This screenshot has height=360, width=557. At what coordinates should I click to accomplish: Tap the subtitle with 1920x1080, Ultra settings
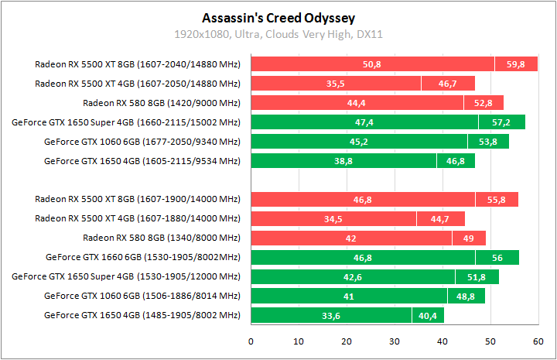[279, 34]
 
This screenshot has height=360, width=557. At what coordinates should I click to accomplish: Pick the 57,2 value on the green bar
[501, 122]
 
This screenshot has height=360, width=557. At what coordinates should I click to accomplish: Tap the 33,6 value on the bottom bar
[331, 315]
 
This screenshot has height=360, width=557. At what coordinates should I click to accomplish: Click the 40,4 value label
[428, 315]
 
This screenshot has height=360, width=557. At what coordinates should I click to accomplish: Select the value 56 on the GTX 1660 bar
[497, 257]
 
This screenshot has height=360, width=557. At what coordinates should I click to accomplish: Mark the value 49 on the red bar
[469, 238]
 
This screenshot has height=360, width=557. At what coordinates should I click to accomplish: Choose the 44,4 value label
[357, 103]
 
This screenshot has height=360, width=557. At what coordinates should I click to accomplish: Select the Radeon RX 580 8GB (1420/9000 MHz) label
[162, 103]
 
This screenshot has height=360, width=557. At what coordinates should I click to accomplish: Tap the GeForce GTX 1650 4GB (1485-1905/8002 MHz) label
[142, 315]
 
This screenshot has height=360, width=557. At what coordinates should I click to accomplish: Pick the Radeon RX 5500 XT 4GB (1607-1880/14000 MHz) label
[138, 218]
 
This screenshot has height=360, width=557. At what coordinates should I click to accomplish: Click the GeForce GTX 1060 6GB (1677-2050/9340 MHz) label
[142, 142]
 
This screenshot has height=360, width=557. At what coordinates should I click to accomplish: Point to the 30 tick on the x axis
[395, 341]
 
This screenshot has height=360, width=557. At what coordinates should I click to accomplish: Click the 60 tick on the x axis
[538, 341]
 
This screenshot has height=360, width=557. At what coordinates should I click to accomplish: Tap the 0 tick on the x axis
[251, 341]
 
